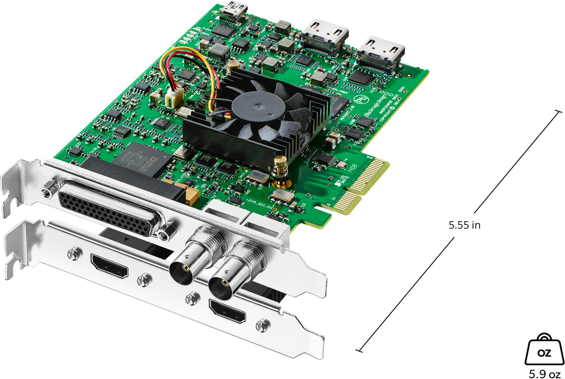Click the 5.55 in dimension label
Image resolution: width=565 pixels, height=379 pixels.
[464, 225]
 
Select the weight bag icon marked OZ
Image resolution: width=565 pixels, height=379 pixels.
[544, 352]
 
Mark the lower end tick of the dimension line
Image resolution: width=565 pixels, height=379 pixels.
[359, 350]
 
